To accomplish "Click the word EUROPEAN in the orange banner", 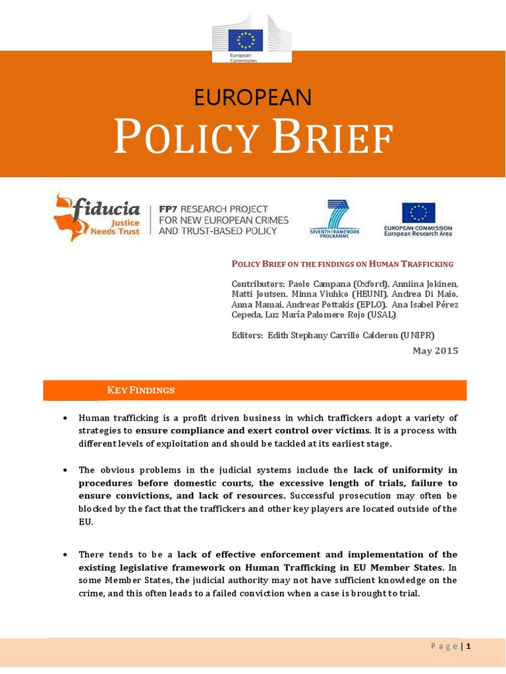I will pos(252,97).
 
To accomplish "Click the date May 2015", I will pos(435,351).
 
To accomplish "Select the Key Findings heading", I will pos(140,390).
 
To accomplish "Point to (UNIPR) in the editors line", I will pos(418,334).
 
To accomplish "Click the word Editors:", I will pos(247,334).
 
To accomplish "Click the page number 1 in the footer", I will pos(468,646).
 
